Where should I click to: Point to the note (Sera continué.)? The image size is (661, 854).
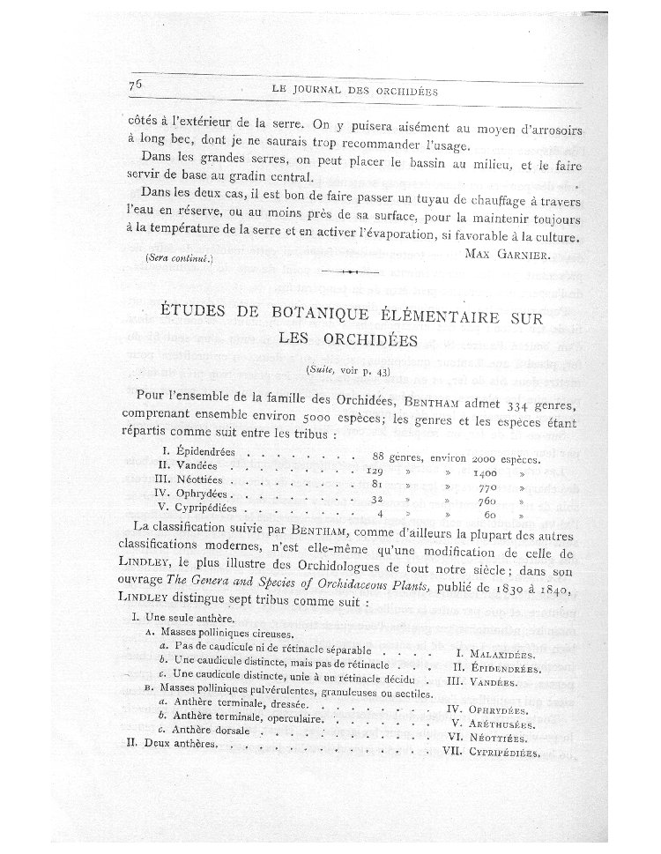click(x=175, y=258)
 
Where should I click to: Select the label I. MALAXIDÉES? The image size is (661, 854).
click(x=498, y=655)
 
